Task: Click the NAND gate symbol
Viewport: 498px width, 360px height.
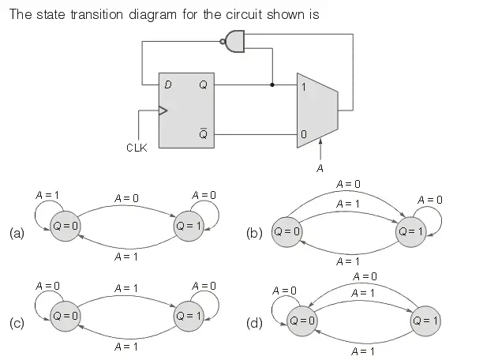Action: (x=235, y=43)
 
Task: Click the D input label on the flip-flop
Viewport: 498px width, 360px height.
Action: (x=168, y=85)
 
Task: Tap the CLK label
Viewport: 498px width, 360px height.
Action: (x=137, y=148)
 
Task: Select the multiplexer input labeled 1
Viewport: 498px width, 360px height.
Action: (x=303, y=85)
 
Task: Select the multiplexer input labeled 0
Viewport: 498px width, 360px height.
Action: (x=303, y=135)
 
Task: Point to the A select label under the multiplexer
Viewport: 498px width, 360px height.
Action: (x=320, y=167)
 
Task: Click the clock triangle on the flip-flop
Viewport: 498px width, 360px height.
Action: (x=163, y=111)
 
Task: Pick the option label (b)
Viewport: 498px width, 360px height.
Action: (x=254, y=233)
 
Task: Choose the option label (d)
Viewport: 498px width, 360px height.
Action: (x=254, y=323)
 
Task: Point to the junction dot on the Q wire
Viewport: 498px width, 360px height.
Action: (x=272, y=84)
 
